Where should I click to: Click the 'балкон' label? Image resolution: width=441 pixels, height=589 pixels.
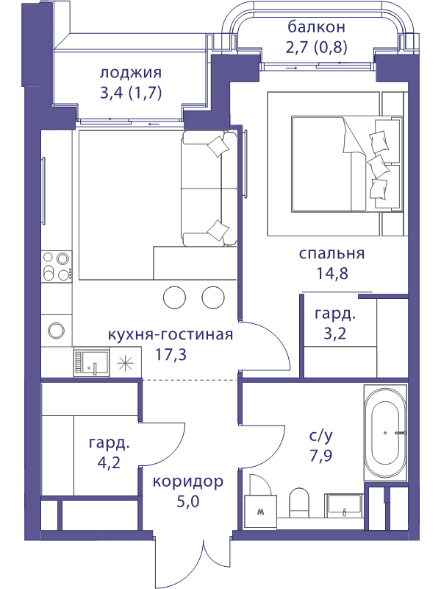point(316,27)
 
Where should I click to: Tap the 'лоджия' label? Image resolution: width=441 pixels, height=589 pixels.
point(131,72)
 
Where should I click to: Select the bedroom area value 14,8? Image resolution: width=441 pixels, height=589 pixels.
point(332,273)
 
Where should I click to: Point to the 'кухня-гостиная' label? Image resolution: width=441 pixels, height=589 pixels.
point(171,334)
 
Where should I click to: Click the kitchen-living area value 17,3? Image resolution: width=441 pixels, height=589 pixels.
point(171,354)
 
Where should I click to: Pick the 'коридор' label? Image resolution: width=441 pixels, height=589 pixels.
point(188,482)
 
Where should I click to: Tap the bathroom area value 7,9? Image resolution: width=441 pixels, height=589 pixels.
point(321,456)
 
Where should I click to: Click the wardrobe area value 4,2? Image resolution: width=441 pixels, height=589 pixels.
point(109,462)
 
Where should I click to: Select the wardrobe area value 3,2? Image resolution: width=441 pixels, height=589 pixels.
point(335,334)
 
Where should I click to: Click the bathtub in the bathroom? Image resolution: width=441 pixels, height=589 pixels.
point(385,433)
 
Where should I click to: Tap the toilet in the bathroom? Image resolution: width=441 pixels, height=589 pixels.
point(299,503)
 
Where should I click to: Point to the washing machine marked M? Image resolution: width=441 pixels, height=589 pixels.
point(261,511)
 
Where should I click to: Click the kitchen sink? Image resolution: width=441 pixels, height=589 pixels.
point(91,362)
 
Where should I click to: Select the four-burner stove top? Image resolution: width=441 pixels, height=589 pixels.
point(57,266)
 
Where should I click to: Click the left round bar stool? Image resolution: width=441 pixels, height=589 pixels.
point(175,297)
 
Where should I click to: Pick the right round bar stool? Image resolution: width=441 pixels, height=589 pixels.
point(213,297)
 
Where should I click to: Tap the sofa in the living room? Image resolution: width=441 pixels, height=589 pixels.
point(209,188)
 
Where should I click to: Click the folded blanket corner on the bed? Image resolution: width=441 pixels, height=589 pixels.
point(354,137)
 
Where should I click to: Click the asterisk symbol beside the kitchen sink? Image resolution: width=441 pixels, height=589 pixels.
point(125,363)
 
